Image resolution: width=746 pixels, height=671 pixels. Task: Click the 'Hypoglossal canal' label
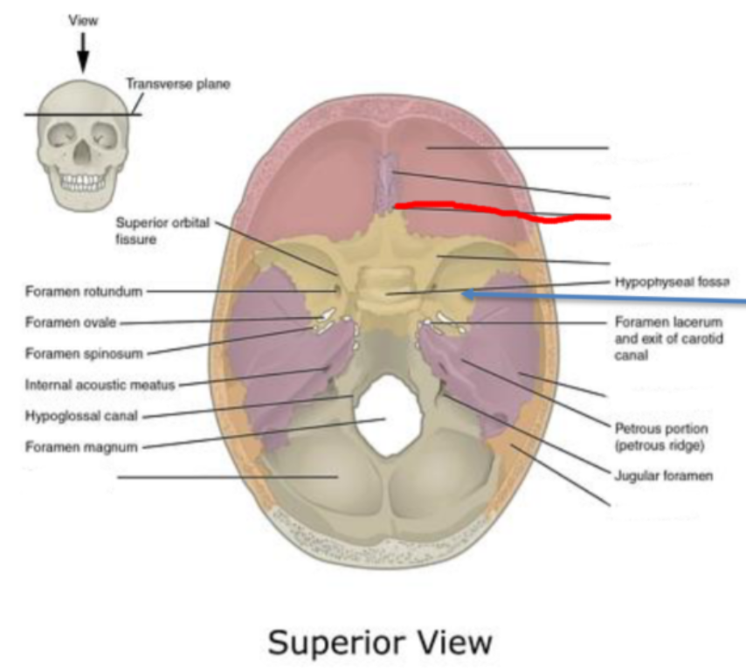pyautogui.click(x=73, y=415)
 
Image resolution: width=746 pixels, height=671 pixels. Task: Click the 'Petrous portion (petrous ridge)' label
pyautogui.click(x=660, y=437)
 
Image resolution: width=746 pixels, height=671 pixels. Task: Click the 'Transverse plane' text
pyautogui.click(x=178, y=85)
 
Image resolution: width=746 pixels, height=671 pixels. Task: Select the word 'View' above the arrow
pyautogui.click(x=83, y=18)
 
